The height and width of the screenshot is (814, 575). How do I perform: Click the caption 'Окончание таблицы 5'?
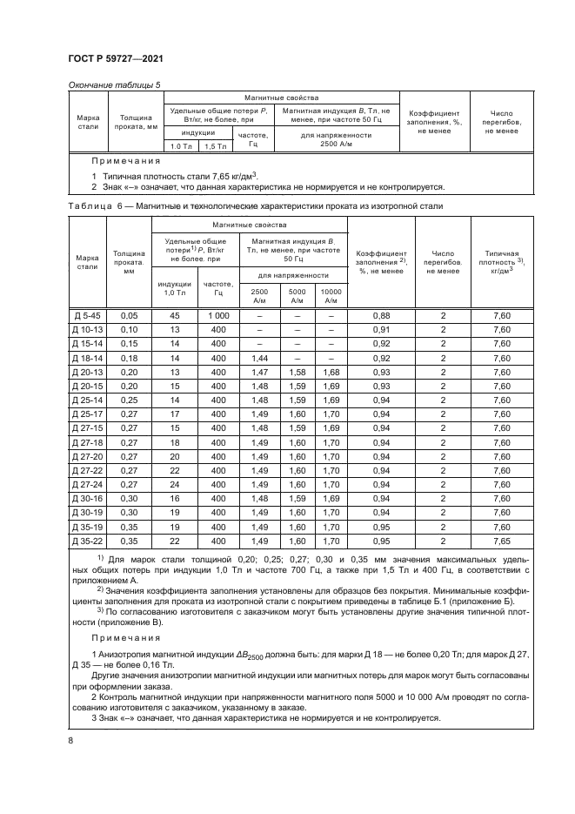(114, 84)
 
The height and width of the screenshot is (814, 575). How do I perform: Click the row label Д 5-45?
(86, 315)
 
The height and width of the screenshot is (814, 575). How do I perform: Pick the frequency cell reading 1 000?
(217, 315)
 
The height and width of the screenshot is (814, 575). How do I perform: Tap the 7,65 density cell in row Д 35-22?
(500, 541)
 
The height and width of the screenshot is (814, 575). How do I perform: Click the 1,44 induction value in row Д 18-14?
(259, 358)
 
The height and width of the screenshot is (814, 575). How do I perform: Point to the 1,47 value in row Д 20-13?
(259, 372)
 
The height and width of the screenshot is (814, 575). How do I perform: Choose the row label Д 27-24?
(86, 484)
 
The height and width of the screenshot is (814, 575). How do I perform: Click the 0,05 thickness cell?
(129, 315)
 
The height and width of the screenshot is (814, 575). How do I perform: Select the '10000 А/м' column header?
(331, 295)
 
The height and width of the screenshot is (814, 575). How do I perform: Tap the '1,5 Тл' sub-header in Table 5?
(213, 146)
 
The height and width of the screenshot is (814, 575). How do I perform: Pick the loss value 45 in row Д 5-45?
(174, 315)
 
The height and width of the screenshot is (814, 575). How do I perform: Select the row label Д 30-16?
(86, 499)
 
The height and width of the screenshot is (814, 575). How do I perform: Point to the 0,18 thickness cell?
(129, 358)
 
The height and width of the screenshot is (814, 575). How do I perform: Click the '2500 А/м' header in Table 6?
(259, 295)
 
